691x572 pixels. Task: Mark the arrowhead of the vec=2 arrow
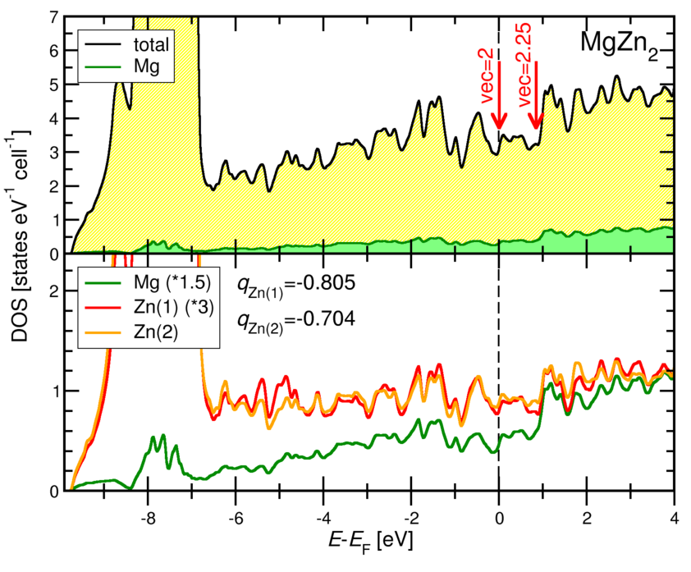pyautogui.click(x=498, y=124)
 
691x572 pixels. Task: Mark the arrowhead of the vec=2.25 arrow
pyautogui.click(x=536, y=124)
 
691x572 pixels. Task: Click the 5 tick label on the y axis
pyautogui.click(x=54, y=85)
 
